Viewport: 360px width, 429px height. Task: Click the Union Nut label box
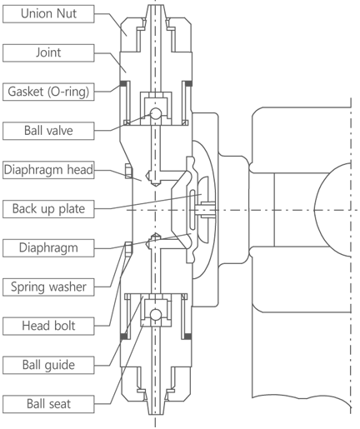(48, 13)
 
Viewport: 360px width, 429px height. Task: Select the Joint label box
(48, 52)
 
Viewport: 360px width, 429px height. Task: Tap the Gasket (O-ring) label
(48, 92)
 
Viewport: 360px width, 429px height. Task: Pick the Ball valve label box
(48, 131)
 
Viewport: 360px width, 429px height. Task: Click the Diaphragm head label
(48, 170)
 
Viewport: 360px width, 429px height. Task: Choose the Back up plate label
(48, 209)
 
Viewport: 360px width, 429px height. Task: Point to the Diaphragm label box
(48, 247)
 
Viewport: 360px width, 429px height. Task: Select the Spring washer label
(48, 287)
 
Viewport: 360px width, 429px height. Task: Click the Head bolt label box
(48, 326)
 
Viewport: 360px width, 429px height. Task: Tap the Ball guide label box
(48, 365)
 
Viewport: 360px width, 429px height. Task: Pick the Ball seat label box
(48, 404)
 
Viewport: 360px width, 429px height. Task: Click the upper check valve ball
(156, 113)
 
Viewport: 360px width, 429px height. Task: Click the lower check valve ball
(156, 315)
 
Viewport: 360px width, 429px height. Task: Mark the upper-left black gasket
(123, 83)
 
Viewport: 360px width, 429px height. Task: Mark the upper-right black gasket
(188, 83)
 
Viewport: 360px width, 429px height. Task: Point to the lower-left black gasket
(123, 337)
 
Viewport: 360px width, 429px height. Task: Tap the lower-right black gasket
(188, 337)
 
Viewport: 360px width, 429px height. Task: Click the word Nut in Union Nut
(67, 13)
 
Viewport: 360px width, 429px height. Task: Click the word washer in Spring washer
(67, 287)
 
